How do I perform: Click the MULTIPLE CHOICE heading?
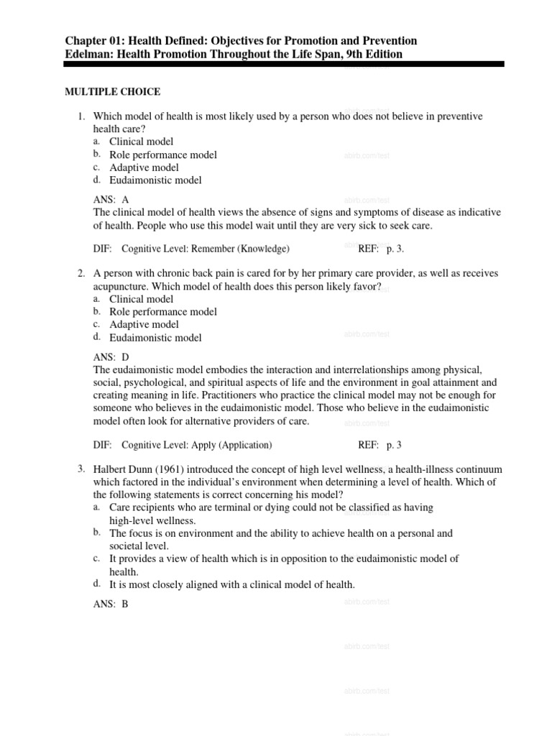coord(113,92)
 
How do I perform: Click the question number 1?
coord(81,116)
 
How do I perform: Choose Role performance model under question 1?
coord(162,155)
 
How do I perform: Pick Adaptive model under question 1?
coord(144,167)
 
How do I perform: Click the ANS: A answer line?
coord(111,200)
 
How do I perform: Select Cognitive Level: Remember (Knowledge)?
coord(206,249)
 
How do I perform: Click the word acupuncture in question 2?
coord(124,286)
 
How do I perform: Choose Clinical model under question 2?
coord(141,299)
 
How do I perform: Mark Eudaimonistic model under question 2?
coord(155,338)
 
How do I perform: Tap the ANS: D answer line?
coord(111,356)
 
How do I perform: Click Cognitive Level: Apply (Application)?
coord(196,445)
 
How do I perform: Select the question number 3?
coord(81,469)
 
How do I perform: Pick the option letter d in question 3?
coord(96,584)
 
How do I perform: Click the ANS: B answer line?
coord(111,604)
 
